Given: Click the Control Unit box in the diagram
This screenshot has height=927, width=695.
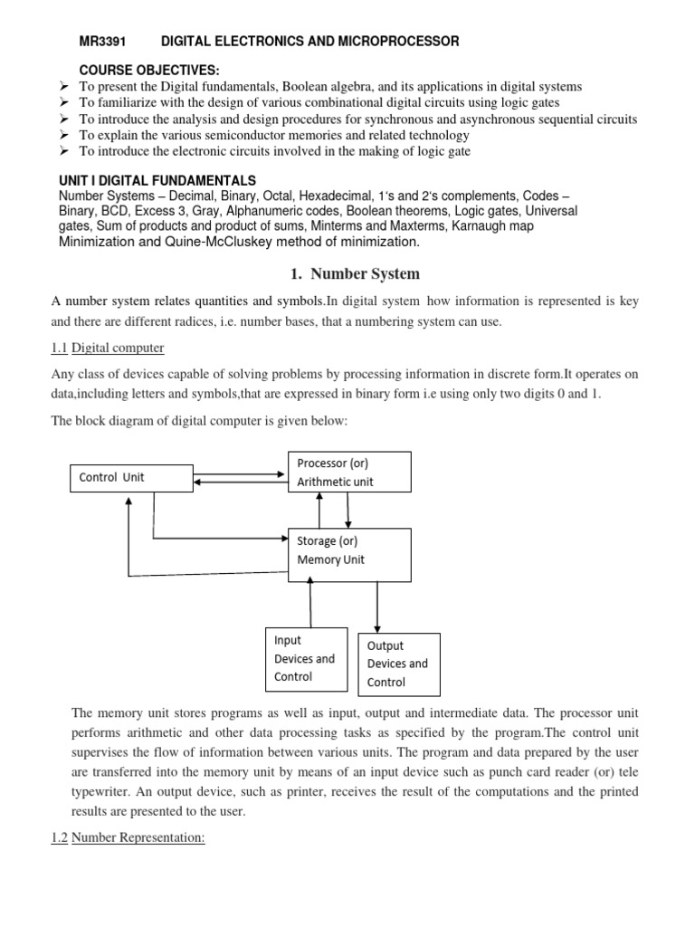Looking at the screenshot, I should pos(131,477).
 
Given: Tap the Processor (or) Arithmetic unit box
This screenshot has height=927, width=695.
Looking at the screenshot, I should pos(349,473).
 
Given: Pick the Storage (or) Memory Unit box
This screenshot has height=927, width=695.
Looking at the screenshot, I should pos(349,550).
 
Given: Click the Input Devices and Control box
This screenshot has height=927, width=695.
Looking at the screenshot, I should pos(306,659).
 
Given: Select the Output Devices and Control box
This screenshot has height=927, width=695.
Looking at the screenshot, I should pos(398,664).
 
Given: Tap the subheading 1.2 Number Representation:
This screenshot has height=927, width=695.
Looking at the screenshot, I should pos(128,838).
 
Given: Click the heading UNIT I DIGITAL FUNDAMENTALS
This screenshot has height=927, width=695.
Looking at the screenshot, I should pos(157,181).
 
